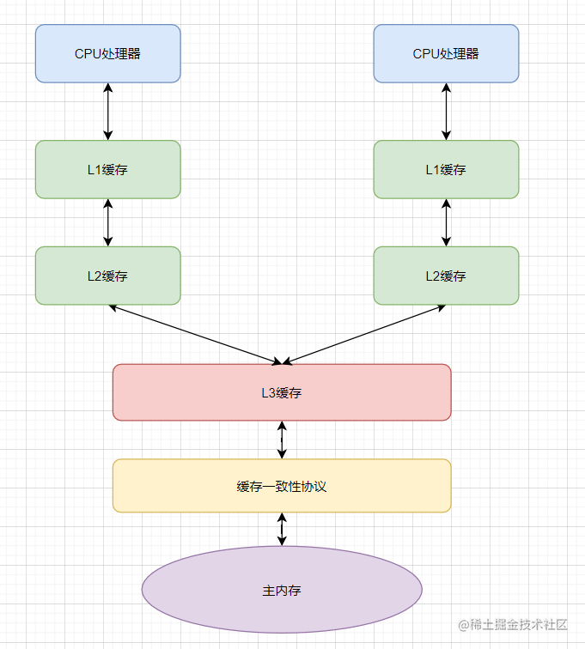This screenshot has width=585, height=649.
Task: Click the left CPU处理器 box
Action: tap(108, 53)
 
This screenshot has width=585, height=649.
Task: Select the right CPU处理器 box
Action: tap(446, 53)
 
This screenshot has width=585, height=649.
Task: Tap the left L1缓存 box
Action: tap(108, 169)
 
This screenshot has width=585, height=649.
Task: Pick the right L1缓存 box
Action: tap(446, 169)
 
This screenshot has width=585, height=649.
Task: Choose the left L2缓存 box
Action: tap(108, 276)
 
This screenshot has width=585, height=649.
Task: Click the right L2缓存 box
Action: tap(446, 276)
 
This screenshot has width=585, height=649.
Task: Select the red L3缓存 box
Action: tap(282, 392)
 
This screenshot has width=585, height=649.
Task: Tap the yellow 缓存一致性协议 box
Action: tap(282, 486)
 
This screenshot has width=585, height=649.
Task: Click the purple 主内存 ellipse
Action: tap(282, 590)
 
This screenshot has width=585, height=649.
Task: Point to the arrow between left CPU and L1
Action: tap(108, 112)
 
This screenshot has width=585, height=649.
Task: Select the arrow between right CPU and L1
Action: tap(446, 112)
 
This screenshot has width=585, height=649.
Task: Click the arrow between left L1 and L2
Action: tap(108, 222)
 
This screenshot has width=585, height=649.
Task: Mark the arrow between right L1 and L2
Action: tap(446, 222)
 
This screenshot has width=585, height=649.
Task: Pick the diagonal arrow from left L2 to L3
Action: tap(195, 335)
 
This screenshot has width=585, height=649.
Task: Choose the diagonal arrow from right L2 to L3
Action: tap(364, 335)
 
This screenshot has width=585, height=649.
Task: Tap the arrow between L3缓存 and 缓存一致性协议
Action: tap(282, 440)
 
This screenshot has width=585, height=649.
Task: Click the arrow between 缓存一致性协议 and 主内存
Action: tap(282, 529)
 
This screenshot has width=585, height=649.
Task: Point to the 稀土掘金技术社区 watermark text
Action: tap(513, 625)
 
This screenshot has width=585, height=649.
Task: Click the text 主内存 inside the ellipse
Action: tap(282, 591)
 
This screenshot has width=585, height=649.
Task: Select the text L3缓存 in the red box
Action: tap(282, 393)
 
